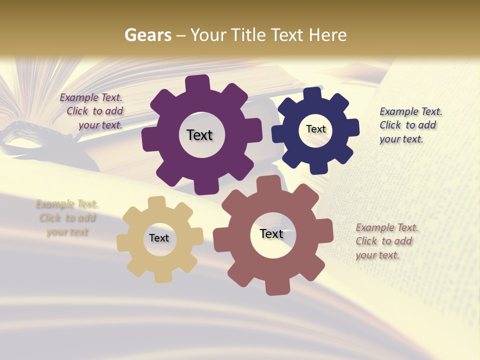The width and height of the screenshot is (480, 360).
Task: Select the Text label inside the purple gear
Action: coord(199,135)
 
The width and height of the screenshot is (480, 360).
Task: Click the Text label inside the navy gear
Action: coord(315,129)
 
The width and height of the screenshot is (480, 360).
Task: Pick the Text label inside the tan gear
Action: coord(159,238)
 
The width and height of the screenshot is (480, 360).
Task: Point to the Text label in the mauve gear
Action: coord(271,233)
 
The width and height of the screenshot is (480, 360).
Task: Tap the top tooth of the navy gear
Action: coord(312,94)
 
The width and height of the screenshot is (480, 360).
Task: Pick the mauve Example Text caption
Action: coord(385,241)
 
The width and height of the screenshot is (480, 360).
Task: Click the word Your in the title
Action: coord(209,35)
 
